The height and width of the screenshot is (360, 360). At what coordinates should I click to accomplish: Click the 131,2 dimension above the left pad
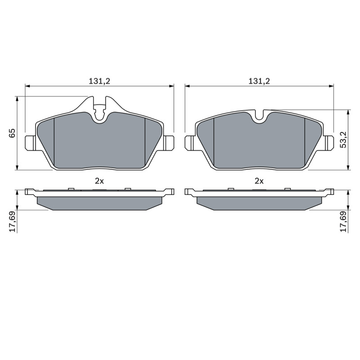tap(99, 81)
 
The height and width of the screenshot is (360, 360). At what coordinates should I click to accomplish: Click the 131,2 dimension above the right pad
tap(260, 81)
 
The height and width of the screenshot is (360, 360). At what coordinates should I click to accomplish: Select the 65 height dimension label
tap(12, 133)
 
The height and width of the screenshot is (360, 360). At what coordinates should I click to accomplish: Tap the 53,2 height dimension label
tap(344, 139)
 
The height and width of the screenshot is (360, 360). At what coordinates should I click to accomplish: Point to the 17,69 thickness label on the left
tap(12, 221)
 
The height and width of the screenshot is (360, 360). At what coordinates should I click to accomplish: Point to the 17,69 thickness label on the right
tap(344, 221)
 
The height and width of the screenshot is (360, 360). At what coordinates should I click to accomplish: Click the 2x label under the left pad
tap(99, 181)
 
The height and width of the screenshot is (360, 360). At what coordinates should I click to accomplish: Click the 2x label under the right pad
tap(259, 181)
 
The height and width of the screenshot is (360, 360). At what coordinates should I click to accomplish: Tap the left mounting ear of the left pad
tap(30, 143)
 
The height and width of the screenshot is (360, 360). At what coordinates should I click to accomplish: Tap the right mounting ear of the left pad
tap(169, 143)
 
